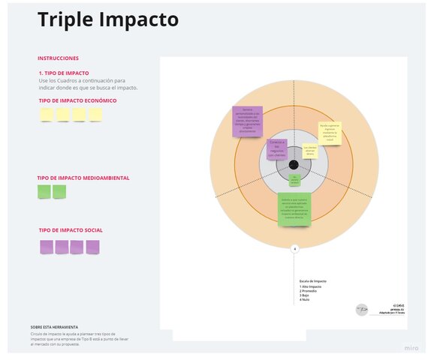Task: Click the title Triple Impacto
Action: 108,20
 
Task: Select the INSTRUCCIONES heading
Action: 58,58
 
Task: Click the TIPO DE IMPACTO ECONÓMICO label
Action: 78,100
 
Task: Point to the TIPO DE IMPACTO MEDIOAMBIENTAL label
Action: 83,178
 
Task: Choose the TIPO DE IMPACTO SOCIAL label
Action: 71,229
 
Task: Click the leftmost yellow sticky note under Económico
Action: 46,115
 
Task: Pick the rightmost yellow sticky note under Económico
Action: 95,115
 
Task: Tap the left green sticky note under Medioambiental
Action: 44,191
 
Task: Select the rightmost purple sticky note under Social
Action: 92,247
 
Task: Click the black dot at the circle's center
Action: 294,165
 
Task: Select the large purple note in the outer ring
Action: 248,121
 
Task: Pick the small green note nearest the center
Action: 295,180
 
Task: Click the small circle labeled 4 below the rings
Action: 294,248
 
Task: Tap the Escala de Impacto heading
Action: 313,280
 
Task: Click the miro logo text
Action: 411,349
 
